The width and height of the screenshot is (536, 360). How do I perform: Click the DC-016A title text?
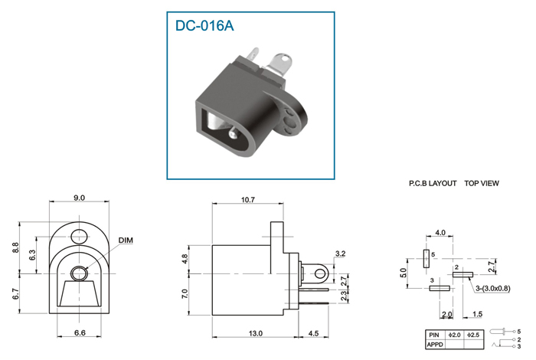[204, 25]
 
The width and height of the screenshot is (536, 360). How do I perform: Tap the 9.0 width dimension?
[79, 198]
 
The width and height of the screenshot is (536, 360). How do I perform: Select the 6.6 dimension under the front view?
[80, 332]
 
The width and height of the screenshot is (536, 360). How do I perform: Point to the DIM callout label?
[126, 241]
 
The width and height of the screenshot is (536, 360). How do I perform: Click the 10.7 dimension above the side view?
[248, 200]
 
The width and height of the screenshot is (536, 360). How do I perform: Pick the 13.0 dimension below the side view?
[255, 333]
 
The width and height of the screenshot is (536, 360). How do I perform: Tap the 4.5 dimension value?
[313, 333]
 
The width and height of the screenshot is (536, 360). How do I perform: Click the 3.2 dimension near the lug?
[340, 254]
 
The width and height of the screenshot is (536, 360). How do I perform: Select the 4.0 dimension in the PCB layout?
[440, 233]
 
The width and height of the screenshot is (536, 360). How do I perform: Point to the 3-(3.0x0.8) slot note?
[492, 289]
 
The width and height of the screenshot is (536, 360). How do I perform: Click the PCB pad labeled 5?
[426, 259]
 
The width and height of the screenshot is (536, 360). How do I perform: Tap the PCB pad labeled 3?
[440, 289]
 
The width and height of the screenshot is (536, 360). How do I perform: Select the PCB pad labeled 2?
[462, 274]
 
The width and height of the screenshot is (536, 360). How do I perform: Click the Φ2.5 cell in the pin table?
[473, 335]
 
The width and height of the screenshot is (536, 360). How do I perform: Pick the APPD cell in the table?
[435, 345]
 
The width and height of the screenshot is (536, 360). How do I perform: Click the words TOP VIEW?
[482, 183]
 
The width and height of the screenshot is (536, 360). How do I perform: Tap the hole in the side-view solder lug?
[319, 273]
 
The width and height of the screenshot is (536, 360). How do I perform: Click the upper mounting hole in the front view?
[80, 237]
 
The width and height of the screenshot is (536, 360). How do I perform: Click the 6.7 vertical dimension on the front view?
[16, 294]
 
